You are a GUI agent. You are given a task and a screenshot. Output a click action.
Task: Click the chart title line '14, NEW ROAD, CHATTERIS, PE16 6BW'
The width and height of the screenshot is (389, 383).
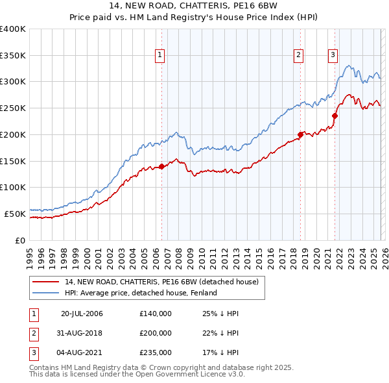point(194,7)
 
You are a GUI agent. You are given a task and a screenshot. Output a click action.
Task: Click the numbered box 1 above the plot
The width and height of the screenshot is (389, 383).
point(160,56)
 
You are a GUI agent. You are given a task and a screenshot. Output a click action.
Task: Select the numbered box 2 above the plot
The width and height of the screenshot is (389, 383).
point(299,56)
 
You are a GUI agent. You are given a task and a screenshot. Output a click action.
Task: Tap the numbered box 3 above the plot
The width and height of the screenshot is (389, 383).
point(333,56)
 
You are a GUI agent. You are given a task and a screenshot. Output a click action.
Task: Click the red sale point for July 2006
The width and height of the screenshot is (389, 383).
point(161,166)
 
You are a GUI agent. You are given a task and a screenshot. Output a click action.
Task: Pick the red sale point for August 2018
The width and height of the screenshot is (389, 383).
point(300,135)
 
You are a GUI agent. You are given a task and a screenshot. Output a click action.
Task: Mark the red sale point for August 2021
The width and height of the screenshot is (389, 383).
point(335,116)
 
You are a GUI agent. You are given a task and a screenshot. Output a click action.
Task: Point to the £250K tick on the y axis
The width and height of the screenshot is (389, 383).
point(13,108)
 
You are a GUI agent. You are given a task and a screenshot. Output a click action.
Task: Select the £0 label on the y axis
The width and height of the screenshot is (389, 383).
point(20,240)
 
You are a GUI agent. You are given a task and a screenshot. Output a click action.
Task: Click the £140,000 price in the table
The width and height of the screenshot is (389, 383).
point(156,314)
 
